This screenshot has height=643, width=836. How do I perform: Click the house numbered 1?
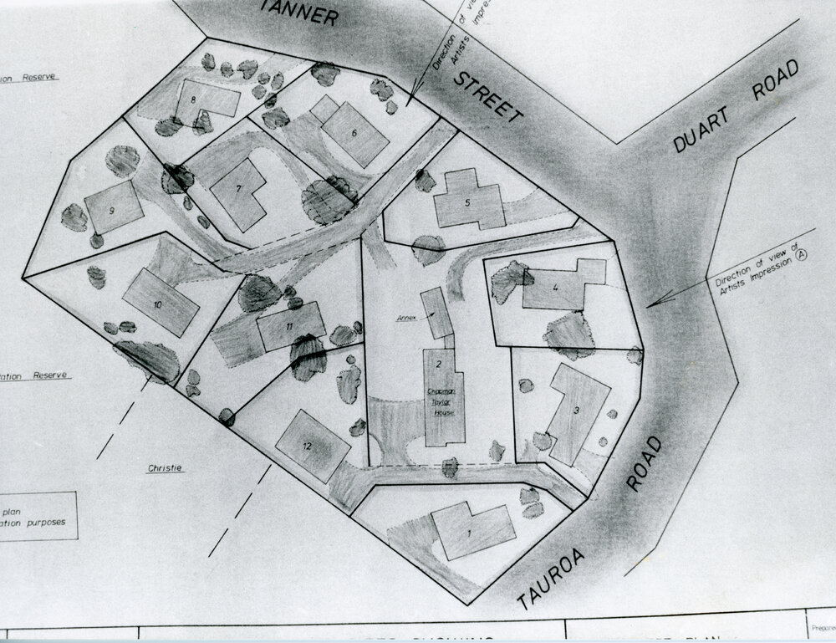tap(473, 531)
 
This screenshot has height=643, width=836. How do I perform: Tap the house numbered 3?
tap(577, 414)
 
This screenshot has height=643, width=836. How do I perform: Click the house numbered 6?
tap(355, 134)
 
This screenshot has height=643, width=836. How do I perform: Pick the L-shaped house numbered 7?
tap(239, 193)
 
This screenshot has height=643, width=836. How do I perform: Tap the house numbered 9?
tap(113, 207)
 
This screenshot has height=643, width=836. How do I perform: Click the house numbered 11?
tap(290, 327)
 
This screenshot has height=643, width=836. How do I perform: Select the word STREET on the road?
tap(488, 98)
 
